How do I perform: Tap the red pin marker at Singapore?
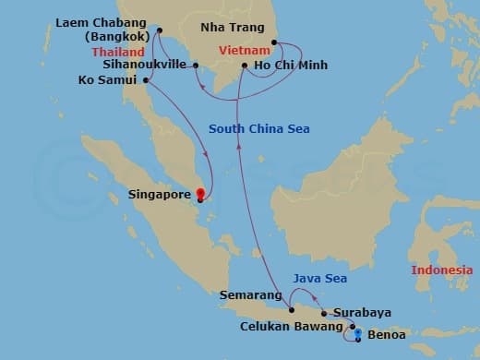coord(200,195)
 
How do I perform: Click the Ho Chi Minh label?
coord(290,66)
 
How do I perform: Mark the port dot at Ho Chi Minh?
coord(244,66)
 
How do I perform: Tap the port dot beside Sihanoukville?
coord(196,65)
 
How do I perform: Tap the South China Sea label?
coord(258,128)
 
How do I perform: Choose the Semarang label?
coord(249,295)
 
